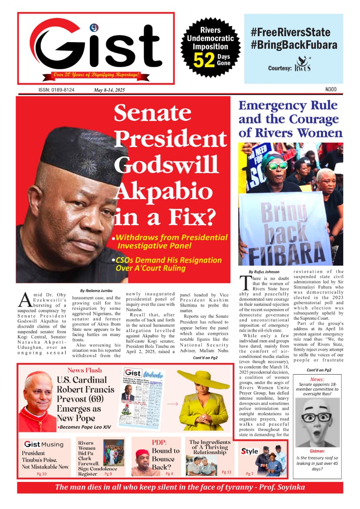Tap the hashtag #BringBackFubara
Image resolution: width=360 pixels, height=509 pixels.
(294, 45)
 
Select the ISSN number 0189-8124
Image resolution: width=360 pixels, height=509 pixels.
(56, 90)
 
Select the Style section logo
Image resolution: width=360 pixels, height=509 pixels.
(249, 451)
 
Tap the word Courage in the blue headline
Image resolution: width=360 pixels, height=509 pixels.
(313, 119)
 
